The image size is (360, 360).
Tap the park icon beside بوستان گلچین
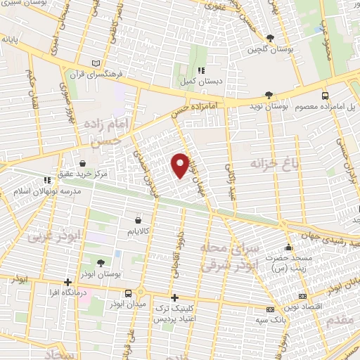271,37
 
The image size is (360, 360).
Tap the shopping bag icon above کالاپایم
137,220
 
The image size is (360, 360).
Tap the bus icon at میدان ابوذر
128,292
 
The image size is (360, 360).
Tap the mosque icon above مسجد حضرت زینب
288,247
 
